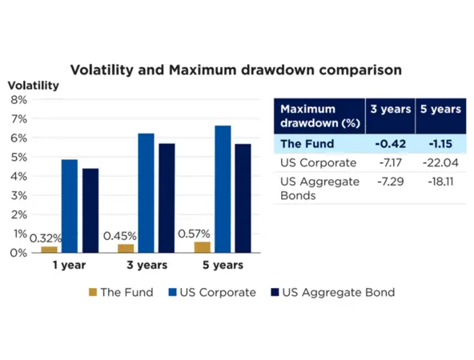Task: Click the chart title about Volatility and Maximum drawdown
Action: click(236, 70)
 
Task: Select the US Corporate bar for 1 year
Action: click(70, 206)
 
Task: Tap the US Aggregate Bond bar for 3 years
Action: click(166, 198)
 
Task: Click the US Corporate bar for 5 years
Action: click(223, 189)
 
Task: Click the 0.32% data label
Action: click(44, 238)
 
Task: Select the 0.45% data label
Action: click(119, 236)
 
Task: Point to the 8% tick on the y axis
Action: click(18, 100)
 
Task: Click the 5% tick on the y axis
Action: click(18, 157)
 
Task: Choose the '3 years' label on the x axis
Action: click(146, 266)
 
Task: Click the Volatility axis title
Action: click(34, 86)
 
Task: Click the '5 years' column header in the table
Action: click(439, 109)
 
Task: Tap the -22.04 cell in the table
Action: click(439, 164)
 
